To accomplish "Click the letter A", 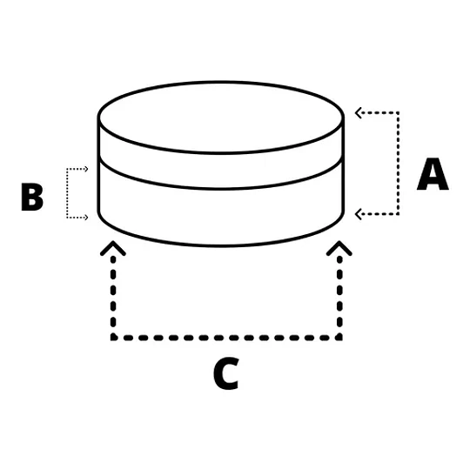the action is tap(433, 174).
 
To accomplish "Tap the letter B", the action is tap(32, 197).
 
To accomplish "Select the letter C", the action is tap(226, 373).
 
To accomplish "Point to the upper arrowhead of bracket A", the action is tap(359, 113).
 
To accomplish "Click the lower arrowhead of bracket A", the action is tap(359, 214).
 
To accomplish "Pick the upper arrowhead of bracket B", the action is tap(85, 169).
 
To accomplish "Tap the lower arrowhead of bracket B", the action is tap(85, 218).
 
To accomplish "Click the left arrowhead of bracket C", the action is tap(113, 248).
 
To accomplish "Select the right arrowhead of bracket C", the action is tap(339, 248).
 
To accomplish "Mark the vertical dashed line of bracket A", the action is tap(398, 164).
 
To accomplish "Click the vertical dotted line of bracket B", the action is tap(67, 193).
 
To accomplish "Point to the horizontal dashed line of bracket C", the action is tap(226, 338).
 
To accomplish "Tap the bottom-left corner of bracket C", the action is tap(113, 338).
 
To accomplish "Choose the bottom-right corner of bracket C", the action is tap(339, 338).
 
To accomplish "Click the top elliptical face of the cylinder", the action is tap(221, 117).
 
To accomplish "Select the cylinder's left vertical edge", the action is tap(98, 164).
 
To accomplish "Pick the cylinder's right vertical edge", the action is tap(343, 164).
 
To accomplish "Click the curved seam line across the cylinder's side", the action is tap(221, 189).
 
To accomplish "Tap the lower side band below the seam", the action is tap(221, 218).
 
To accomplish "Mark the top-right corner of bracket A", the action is tap(398, 113).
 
